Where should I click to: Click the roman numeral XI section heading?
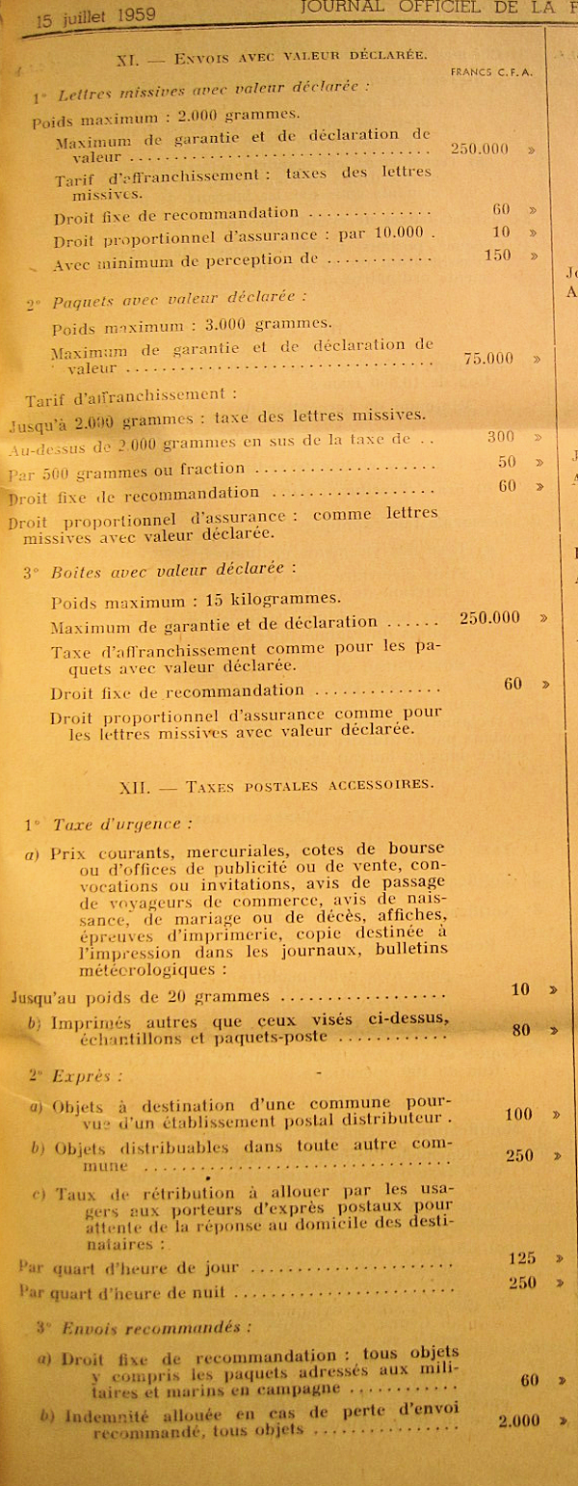(x=128, y=59)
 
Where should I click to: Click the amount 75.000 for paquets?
(x=488, y=358)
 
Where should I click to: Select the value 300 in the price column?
(x=501, y=437)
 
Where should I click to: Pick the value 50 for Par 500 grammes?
(x=507, y=462)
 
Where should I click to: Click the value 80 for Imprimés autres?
(x=521, y=1030)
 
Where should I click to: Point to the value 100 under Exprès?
(x=518, y=1115)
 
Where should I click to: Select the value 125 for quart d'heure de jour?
(x=520, y=1257)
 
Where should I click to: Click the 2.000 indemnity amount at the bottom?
(x=520, y=1420)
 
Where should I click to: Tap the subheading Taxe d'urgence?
(x=120, y=824)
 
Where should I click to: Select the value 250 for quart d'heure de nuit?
(x=520, y=1283)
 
